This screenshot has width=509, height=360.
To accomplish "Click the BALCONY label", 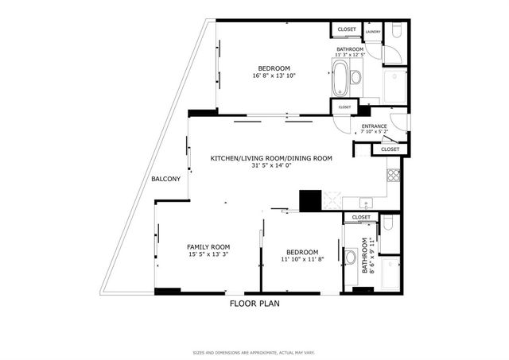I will pyautogui.click(x=166, y=179).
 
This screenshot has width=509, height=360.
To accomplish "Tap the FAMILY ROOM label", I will pyautogui.click(x=208, y=246).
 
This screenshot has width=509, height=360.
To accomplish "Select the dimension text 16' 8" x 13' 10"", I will pyautogui.click(x=273, y=75).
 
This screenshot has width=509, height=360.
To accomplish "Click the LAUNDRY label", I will pyautogui.click(x=373, y=33).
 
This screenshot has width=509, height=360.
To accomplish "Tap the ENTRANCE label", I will pyautogui.click(x=375, y=126).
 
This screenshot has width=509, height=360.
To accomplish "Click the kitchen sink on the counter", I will pyautogui.click(x=365, y=202).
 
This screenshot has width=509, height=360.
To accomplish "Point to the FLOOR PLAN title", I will pyautogui.click(x=254, y=303).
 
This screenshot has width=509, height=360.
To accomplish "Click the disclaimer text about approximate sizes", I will pyautogui.click(x=254, y=353).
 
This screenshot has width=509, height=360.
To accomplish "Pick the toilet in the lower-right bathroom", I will pyautogui.click(x=387, y=225).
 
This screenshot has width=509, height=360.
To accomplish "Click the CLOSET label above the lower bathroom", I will pyautogui.click(x=361, y=217).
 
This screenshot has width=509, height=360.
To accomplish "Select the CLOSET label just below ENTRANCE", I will pyautogui.click(x=390, y=149).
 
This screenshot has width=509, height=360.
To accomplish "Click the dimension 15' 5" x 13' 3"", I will pyautogui.click(x=208, y=254).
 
